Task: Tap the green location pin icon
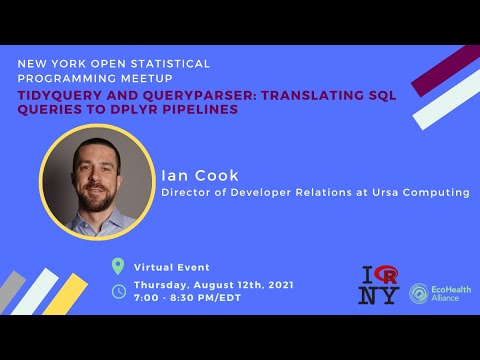pos(118,266)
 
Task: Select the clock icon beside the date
pos(118,291)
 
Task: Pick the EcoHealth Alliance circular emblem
pos(419,292)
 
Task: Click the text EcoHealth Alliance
pos(450,292)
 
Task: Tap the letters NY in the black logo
pos(379,295)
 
